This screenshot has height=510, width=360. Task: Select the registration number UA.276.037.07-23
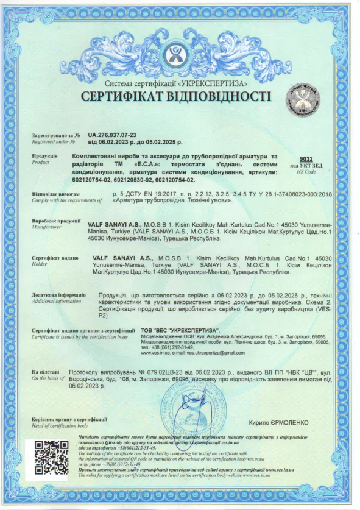point(112,135)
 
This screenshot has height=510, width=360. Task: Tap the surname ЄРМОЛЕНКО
point(286,422)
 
